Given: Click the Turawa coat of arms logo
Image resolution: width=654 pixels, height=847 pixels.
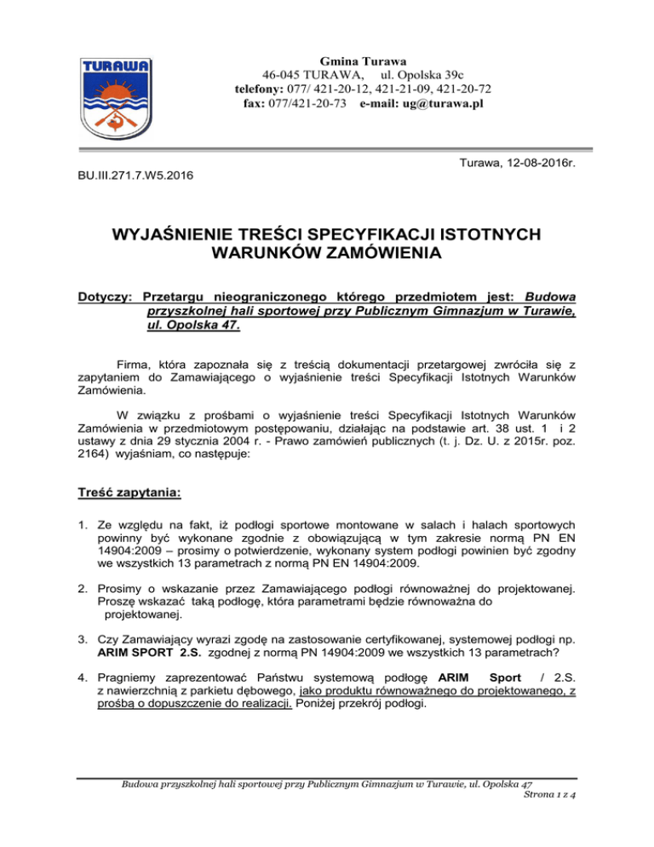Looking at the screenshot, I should pyautogui.click(x=117, y=99).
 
